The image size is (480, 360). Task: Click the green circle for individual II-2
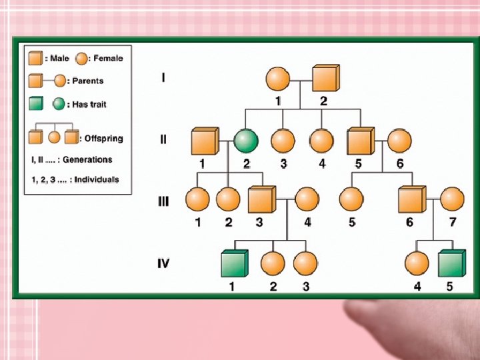[246, 142]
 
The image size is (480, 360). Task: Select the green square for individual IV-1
[233, 265]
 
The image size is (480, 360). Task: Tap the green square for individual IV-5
[451, 265]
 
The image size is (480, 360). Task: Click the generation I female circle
[277, 79]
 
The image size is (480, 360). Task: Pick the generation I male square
[325, 79]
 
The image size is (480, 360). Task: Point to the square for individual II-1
[204, 142]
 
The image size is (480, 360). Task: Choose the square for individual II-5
[360, 142]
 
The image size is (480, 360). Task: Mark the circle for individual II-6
[399, 142]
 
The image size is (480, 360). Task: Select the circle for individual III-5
[351, 200]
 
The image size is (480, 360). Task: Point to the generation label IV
[163, 263]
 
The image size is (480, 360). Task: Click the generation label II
[163, 140]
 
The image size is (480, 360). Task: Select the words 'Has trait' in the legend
[89, 105]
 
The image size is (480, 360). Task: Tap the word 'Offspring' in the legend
[103, 139]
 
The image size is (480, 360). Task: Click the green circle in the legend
[60, 104]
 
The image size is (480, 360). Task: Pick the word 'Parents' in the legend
[88, 81]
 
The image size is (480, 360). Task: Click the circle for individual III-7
[452, 200]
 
